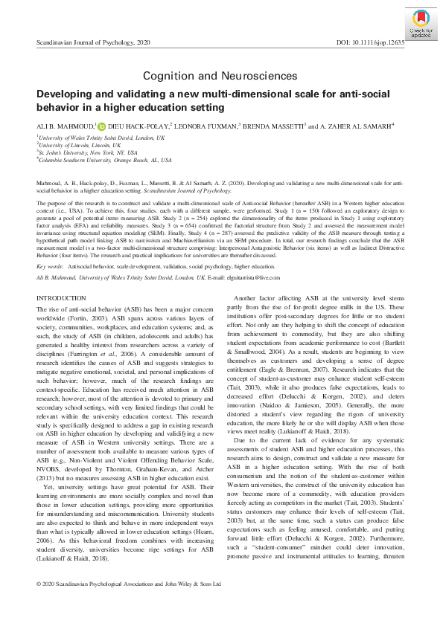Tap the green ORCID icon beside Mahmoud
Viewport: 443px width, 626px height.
(102, 126)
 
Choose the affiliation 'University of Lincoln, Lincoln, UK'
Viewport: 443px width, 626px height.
(74, 145)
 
